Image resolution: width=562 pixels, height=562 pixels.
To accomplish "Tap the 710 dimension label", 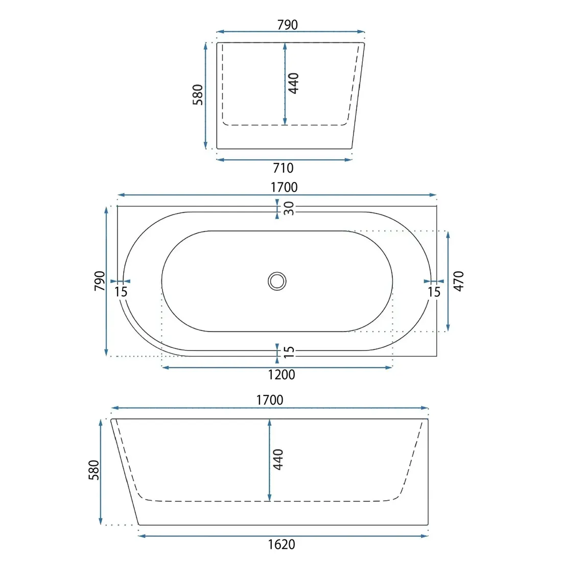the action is click(x=283, y=168).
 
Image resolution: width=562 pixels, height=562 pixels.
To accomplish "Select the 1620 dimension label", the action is click(x=282, y=545).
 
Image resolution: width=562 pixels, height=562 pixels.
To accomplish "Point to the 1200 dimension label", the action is click(x=282, y=374).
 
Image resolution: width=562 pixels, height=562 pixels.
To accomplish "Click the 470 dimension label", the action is click(x=458, y=282).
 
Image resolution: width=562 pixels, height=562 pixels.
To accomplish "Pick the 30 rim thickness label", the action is click(x=289, y=208).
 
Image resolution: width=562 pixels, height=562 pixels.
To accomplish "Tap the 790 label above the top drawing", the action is click(x=288, y=25).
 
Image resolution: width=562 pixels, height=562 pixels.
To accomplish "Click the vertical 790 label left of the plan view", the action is click(x=100, y=281).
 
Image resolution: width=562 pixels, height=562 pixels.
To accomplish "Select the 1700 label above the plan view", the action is click(x=284, y=187).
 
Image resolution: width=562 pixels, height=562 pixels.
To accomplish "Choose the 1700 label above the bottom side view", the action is click(x=270, y=400).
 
